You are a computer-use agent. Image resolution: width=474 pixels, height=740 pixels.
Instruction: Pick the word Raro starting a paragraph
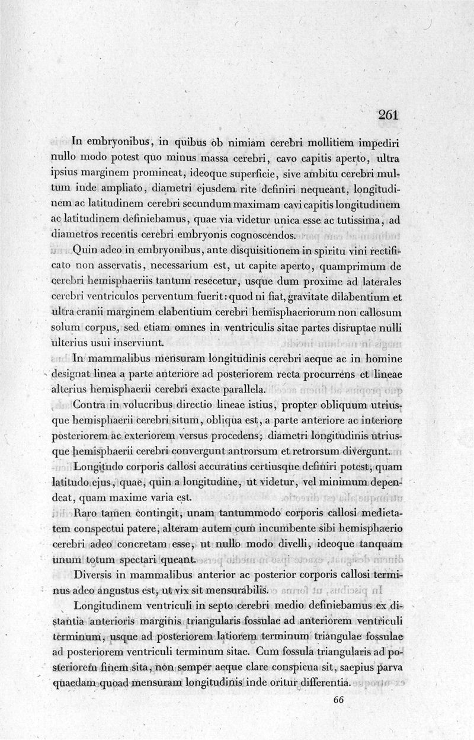(84, 513)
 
